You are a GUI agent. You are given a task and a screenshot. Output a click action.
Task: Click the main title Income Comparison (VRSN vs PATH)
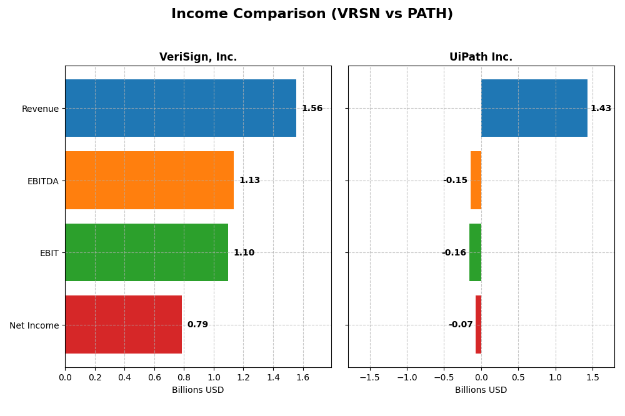click(312, 14)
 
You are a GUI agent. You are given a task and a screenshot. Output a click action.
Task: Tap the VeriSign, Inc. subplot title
click(198, 57)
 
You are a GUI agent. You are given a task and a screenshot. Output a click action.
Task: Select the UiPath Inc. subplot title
click(481, 57)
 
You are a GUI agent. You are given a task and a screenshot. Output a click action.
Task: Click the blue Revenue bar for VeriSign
click(181, 108)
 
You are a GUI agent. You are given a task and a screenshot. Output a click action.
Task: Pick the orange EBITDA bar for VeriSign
click(149, 181)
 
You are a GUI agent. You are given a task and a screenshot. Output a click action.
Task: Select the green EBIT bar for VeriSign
click(146, 252)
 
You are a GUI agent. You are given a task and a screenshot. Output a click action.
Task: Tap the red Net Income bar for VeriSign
click(123, 325)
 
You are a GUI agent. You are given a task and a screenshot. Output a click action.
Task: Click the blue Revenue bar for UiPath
click(534, 108)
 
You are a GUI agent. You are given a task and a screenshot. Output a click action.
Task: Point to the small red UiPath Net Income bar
click(479, 325)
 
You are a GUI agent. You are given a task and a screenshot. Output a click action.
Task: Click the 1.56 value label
click(312, 109)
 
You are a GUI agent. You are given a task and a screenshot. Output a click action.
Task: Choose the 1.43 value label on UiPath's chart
click(601, 109)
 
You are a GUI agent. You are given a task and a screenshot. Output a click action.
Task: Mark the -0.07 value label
click(461, 325)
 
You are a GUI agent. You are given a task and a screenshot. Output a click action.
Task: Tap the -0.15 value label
click(455, 181)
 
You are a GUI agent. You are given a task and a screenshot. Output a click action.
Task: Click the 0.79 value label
click(197, 325)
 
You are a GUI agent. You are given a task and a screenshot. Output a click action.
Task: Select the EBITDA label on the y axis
click(42, 181)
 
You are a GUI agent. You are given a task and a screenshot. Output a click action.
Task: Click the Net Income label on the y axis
click(34, 325)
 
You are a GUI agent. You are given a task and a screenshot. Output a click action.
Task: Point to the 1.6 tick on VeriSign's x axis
click(302, 377)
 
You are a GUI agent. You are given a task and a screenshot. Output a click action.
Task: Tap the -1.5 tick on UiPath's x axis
click(370, 377)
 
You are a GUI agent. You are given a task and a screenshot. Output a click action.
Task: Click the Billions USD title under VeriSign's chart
click(198, 390)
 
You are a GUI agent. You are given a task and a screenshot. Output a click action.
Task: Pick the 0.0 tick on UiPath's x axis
click(481, 377)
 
